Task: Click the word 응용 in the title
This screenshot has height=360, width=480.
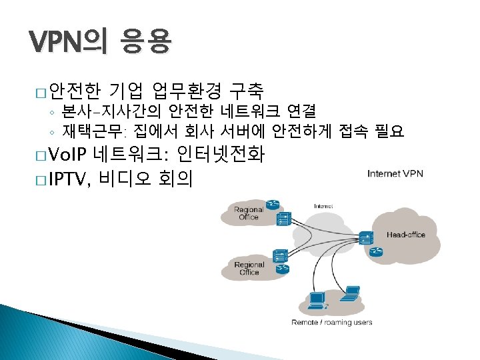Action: (x=146, y=44)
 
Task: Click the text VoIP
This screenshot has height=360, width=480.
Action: (x=69, y=155)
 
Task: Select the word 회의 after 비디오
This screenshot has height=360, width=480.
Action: (x=175, y=178)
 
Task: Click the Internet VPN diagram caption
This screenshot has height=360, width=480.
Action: (x=395, y=175)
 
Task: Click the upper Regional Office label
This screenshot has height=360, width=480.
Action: (x=249, y=213)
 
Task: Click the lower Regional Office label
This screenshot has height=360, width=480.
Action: (x=249, y=269)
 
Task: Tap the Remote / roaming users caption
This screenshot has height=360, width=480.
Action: (x=332, y=323)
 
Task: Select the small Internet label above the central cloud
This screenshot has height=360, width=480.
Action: (x=323, y=206)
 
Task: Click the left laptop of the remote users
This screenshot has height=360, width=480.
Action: (x=315, y=301)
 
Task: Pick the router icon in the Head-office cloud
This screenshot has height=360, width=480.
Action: (x=377, y=251)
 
